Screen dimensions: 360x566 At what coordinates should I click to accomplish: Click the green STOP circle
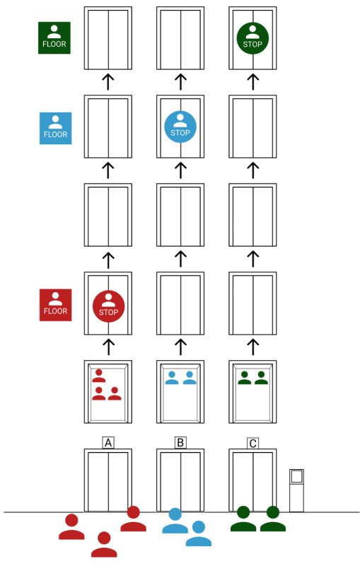pyautogui.click(x=252, y=38)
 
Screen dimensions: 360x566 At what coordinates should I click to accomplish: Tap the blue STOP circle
pyautogui.click(x=180, y=127)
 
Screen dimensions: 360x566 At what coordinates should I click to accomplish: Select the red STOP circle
pyautogui.click(x=109, y=306)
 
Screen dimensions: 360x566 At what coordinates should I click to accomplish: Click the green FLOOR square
pyautogui.click(x=54, y=38)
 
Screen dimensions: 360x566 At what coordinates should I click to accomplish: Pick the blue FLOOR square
pyautogui.click(x=56, y=128)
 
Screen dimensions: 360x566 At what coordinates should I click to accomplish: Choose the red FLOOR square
pyautogui.click(x=56, y=305)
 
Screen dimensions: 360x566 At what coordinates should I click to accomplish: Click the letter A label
pyautogui.click(x=108, y=443)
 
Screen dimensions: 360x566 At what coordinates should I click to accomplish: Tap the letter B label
pyautogui.click(x=180, y=443)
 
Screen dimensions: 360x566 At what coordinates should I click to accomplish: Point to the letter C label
pyautogui.click(x=253, y=444)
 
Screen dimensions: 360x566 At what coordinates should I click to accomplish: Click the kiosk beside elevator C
pyautogui.click(x=296, y=490)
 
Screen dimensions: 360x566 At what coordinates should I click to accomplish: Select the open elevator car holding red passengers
pyautogui.click(x=108, y=392)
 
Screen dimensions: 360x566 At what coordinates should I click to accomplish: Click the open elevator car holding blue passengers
pyautogui.click(x=180, y=392)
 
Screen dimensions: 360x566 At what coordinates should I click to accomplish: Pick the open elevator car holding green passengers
pyautogui.click(x=253, y=392)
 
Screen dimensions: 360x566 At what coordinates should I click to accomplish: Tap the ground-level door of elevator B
pyautogui.click(x=180, y=480)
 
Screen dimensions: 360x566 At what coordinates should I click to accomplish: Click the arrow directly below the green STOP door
pyautogui.click(x=253, y=82)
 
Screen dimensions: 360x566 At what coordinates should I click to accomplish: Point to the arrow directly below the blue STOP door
pyautogui.click(x=180, y=171)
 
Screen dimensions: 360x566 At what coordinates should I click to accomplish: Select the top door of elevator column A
pyautogui.click(x=108, y=38)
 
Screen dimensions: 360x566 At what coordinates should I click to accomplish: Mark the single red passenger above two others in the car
pyautogui.click(x=99, y=376)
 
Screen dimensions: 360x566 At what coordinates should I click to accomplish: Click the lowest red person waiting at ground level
pyautogui.click(x=104, y=544)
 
